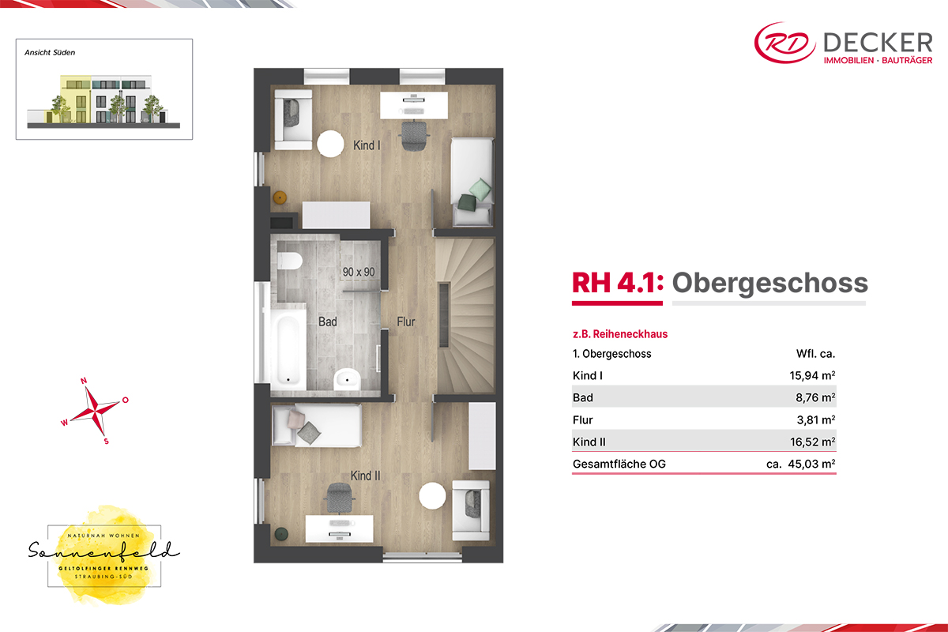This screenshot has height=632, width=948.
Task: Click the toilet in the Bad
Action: (289, 261)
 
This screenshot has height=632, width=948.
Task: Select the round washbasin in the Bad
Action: (347, 379)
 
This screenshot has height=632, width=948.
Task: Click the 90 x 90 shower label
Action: (359, 272)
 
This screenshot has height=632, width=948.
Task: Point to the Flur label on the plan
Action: (406, 322)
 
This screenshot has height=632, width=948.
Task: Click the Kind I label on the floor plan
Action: (367, 145)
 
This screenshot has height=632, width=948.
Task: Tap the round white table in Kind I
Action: (330, 144)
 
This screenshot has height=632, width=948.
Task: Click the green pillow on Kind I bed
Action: (480, 188)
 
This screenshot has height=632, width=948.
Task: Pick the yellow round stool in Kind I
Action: (280, 197)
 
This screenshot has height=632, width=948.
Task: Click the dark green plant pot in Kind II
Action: (281, 534)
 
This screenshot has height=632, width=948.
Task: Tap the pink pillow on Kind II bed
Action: (295, 419)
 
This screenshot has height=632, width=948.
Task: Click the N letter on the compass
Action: (84, 381)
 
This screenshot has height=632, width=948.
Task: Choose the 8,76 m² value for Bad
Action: (815, 397)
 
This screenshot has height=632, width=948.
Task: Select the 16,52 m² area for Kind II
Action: (813, 442)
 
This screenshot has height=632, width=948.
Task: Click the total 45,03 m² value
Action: (811, 464)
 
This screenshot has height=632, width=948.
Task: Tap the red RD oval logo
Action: (785, 43)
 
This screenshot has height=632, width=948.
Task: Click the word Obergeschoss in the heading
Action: (769, 283)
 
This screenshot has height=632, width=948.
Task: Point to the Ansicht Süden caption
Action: (50, 52)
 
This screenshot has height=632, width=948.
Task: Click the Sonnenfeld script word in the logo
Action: (103, 551)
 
